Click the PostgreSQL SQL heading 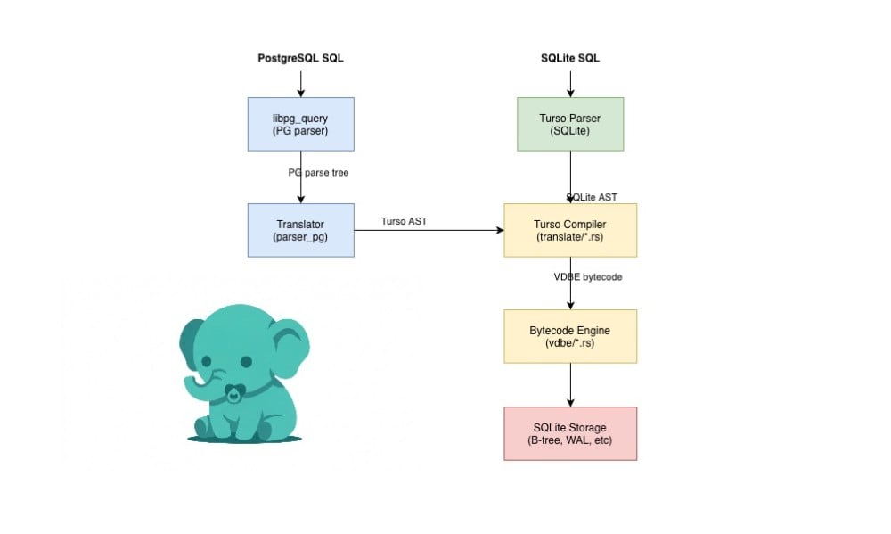click(x=300, y=58)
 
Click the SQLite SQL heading click(x=570, y=58)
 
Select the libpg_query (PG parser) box click(x=300, y=124)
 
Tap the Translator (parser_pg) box click(x=300, y=230)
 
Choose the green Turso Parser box click(x=570, y=124)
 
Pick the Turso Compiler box click(x=570, y=230)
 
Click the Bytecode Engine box click(x=570, y=336)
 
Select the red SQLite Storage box click(x=570, y=433)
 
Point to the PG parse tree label click(x=318, y=172)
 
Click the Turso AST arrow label click(x=403, y=220)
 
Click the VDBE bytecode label click(x=588, y=277)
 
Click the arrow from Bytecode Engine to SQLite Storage click(x=570, y=384)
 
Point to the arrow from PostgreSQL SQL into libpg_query click(x=300, y=82)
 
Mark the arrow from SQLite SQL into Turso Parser click(x=570, y=82)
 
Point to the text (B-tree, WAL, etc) click(x=570, y=441)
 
